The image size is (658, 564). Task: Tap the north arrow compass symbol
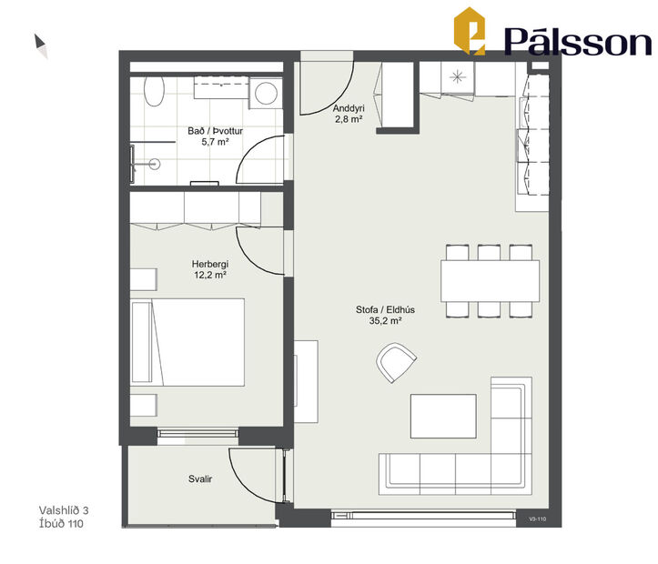41,45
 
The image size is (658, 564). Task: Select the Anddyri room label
349,107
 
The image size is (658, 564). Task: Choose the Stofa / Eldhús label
379,309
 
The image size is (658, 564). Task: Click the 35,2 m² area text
379,321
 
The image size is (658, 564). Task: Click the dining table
490,281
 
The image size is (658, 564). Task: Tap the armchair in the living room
395,364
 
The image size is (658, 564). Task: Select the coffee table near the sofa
443,415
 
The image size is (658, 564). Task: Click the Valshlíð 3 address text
69,510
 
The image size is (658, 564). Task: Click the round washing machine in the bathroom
266,93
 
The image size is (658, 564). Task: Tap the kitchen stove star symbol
458,76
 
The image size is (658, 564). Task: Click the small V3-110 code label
535,519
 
